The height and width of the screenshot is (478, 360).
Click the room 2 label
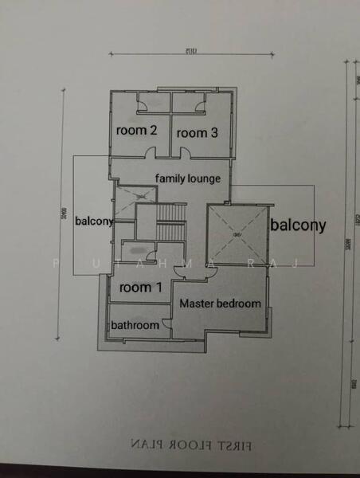[136, 130]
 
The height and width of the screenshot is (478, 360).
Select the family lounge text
[187, 178]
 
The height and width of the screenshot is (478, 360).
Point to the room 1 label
[141, 288]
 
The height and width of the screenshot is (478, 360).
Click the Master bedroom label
[220, 304]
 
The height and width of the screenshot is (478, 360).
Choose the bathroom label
[135, 325]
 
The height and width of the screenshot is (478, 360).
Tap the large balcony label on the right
[298, 225]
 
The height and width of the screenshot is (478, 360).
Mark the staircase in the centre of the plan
[169, 223]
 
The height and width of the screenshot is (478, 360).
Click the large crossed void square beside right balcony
[237, 233]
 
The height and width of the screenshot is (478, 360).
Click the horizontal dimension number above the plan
[189, 50]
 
